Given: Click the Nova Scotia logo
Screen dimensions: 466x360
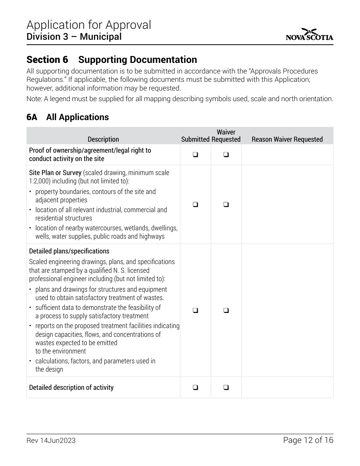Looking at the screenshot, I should [x=310, y=34].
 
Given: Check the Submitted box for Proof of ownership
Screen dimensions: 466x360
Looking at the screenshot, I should [x=195, y=155].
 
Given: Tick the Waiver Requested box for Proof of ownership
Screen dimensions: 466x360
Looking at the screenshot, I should [x=226, y=155].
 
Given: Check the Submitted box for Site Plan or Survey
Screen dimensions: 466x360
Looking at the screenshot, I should [x=195, y=205].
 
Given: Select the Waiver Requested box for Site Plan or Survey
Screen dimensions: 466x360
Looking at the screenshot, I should [x=226, y=205].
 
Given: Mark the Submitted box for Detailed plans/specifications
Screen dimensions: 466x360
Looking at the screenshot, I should [x=195, y=310].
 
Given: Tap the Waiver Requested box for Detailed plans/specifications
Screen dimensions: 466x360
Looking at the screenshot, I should [x=226, y=310].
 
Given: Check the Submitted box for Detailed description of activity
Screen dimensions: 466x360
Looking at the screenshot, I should [x=195, y=387].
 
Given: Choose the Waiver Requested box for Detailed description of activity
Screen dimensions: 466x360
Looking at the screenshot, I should [x=226, y=387].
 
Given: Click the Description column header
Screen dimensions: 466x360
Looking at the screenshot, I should [x=103, y=139].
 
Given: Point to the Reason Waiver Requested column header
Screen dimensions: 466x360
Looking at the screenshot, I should [x=287, y=139].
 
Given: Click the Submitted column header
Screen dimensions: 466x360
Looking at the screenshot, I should [x=195, y=139].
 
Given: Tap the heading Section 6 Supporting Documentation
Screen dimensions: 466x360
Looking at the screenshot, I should [x=111, y=60].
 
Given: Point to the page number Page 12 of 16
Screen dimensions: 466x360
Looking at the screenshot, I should [x=308, y=440].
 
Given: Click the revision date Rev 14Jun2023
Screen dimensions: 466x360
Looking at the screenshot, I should [x=51, y=440].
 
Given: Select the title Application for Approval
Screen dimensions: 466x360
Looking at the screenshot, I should [x=89, y=25].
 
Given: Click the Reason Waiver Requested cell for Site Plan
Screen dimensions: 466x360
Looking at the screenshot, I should [x=287, y=205].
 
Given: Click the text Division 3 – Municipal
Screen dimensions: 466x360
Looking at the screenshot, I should [x=74, y=37].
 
